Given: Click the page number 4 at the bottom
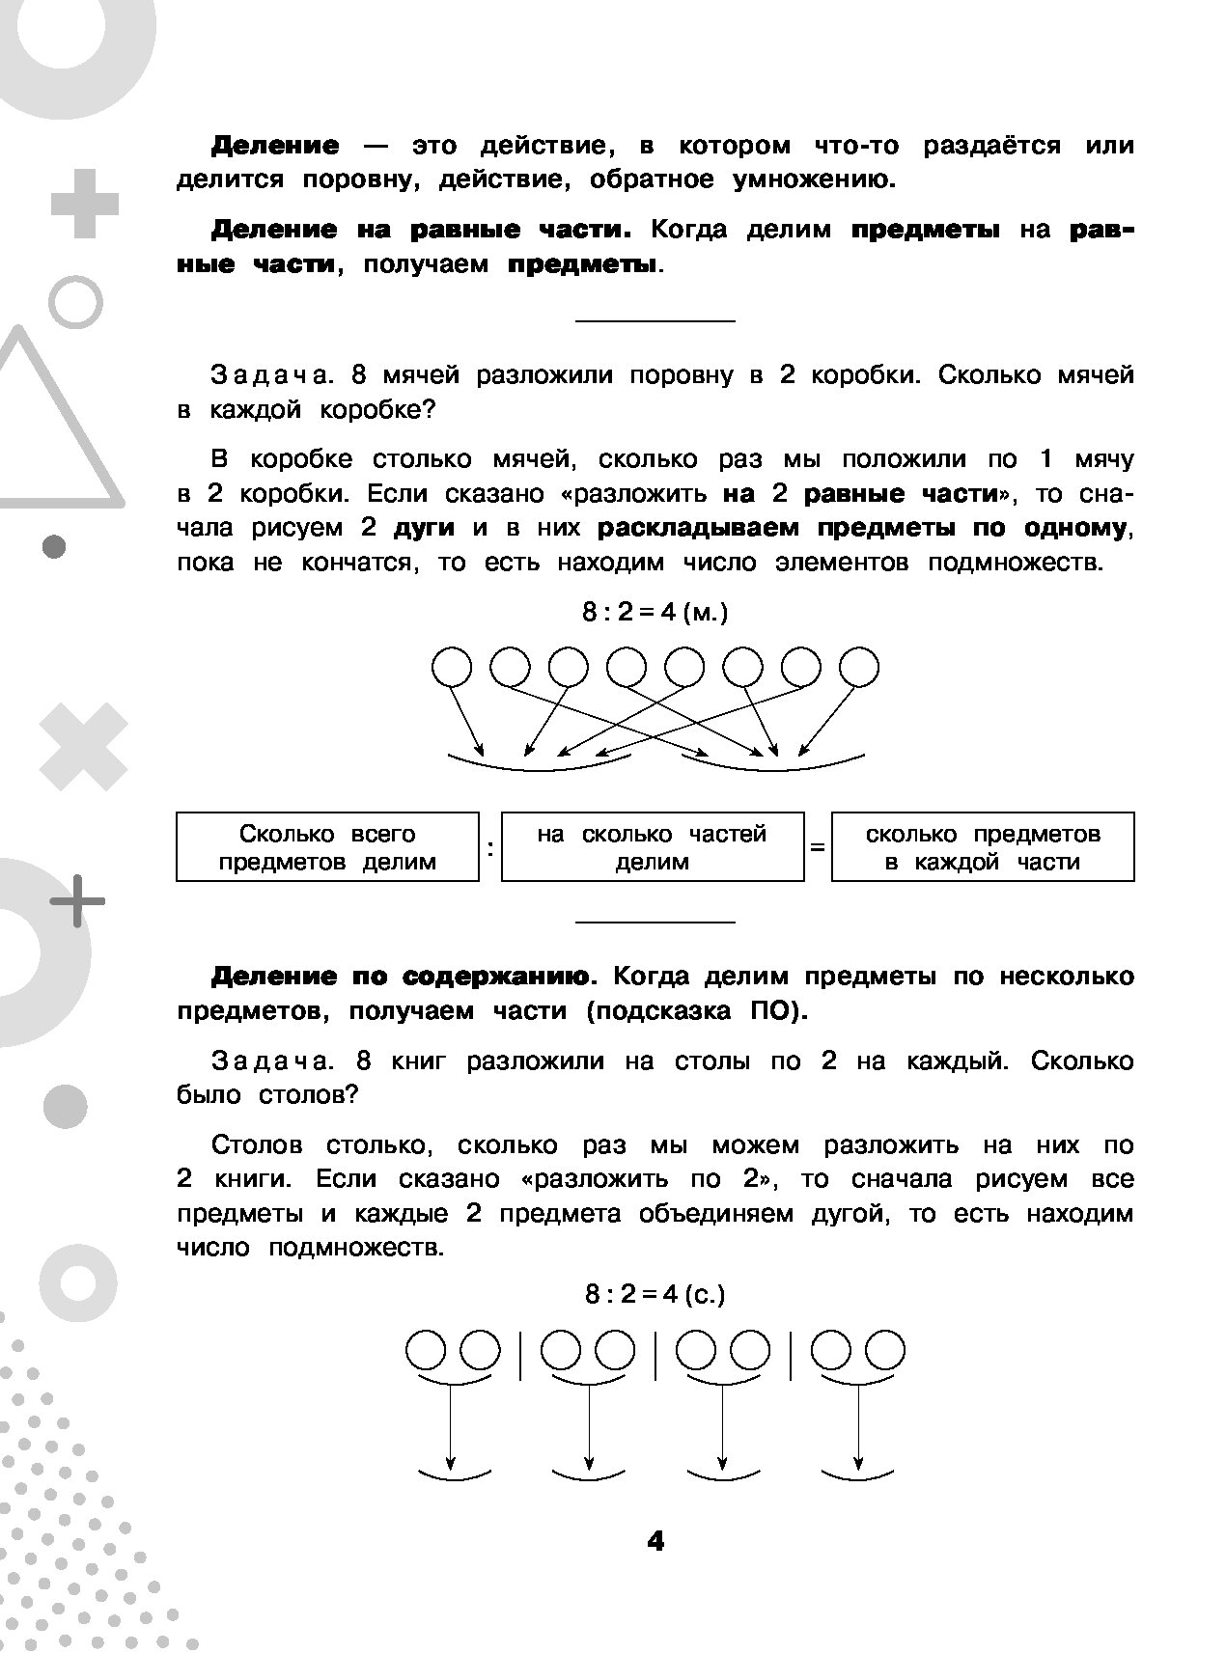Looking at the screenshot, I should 655,1542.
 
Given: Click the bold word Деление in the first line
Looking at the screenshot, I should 275,147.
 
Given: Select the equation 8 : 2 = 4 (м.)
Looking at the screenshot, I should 655,613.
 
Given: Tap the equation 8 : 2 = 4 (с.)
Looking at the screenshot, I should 655,1294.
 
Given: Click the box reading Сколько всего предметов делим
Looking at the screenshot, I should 327,847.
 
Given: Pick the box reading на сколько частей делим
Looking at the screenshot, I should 653,847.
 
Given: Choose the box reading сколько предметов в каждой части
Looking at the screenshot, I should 983,847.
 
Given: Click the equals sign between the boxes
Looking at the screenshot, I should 818,848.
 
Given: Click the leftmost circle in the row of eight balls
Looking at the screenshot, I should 451,667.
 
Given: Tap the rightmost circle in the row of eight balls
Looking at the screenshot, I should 858,667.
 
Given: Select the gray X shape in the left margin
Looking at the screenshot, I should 83,747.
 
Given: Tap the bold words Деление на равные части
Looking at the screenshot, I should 421,231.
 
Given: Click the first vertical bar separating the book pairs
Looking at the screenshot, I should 521,1354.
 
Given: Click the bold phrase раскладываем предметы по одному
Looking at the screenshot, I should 861,529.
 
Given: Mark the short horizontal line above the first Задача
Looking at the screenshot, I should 655,320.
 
